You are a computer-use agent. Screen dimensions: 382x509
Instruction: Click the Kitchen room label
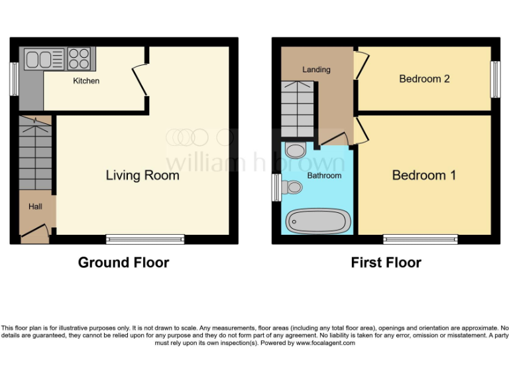pyautogui.click(x=86, y=81)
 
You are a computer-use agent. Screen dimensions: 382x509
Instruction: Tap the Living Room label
pyautogui.click(x=142, y=175)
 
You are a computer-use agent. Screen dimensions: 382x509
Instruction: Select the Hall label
pyautogui.click(x=35, y=207)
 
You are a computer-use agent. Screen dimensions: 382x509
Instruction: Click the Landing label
pyautogui.click(x=316, y=70)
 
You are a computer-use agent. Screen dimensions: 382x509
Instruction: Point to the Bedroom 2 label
pyautogui.click(x=424, y=79)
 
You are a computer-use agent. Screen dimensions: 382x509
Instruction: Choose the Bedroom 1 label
pyautogui.click(x=424, y=175)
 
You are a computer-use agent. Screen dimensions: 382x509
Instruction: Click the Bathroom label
pyautogui.click(x=324, y=176)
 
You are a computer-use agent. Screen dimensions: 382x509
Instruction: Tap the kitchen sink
pyautogui.click(x=44, y=60)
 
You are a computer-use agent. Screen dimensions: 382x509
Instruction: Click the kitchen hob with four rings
pyautogui.click(x=79, y=59)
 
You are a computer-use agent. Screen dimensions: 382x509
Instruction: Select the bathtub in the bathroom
pyautogui.click(x=317, y=221)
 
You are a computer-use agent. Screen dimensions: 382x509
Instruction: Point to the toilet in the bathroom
pyautogui.click(x=292, y=188)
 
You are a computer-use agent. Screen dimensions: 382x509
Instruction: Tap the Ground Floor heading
pyautogui.click(x=123, y=263)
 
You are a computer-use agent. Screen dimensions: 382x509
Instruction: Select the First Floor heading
pyautogui.click(x=386, y=263)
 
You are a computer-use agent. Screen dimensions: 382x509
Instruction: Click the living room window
pyautogui.click(x=145, y=239)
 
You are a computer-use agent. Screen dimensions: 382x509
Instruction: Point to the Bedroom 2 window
pyautogui.click(x=494, y=79)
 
